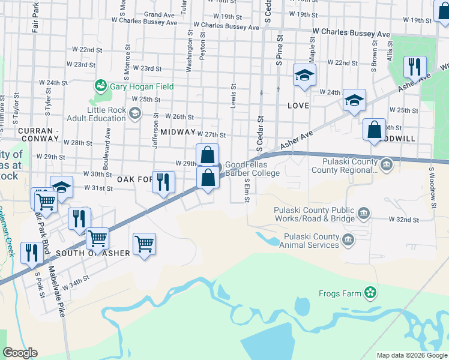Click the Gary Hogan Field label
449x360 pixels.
pyautogui.click(x=142, y=86)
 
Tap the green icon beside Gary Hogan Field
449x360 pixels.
pyautogui.click(x=101, y=86)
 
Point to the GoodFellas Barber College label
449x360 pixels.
pyautogui.click(x=252, y=169)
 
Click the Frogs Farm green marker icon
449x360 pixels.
pyautogui.click(x=370, y=293)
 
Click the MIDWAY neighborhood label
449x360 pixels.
pyautogui.click(x=178, y=131)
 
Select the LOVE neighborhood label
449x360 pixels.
pyautogui.click(x=298, y=106)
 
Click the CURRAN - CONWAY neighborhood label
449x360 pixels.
pyautogui.click(x=37, y=130)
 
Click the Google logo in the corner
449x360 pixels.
pyautogui.click(x=20, y=353)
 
